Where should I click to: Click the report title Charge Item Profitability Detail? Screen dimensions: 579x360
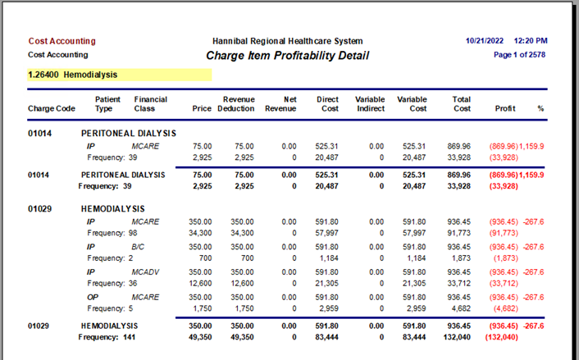point(287,56)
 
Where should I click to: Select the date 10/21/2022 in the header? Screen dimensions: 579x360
point(485,41)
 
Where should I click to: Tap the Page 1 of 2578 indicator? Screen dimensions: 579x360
point(520,55)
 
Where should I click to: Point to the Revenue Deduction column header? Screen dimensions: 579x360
point(236,104)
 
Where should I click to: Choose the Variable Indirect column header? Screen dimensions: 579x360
point(370,104)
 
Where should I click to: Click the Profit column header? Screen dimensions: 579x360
point(505,108)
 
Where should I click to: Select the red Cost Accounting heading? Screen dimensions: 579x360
point(62,41)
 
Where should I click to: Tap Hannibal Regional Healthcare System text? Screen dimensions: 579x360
point(288,41)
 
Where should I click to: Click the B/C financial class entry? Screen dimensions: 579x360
point(138,247)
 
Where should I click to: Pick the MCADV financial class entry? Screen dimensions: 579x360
point(145,272)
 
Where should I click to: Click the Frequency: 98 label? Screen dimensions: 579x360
point(112,233)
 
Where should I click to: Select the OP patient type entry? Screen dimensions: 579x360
point(93,297)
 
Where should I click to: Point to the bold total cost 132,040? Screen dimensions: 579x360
point(457,337)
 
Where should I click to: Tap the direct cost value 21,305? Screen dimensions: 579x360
point(326,283)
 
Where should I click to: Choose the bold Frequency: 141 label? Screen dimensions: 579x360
point(107,337)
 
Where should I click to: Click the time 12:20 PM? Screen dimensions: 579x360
point(531,41)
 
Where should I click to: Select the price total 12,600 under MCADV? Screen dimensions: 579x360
point(200,283)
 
